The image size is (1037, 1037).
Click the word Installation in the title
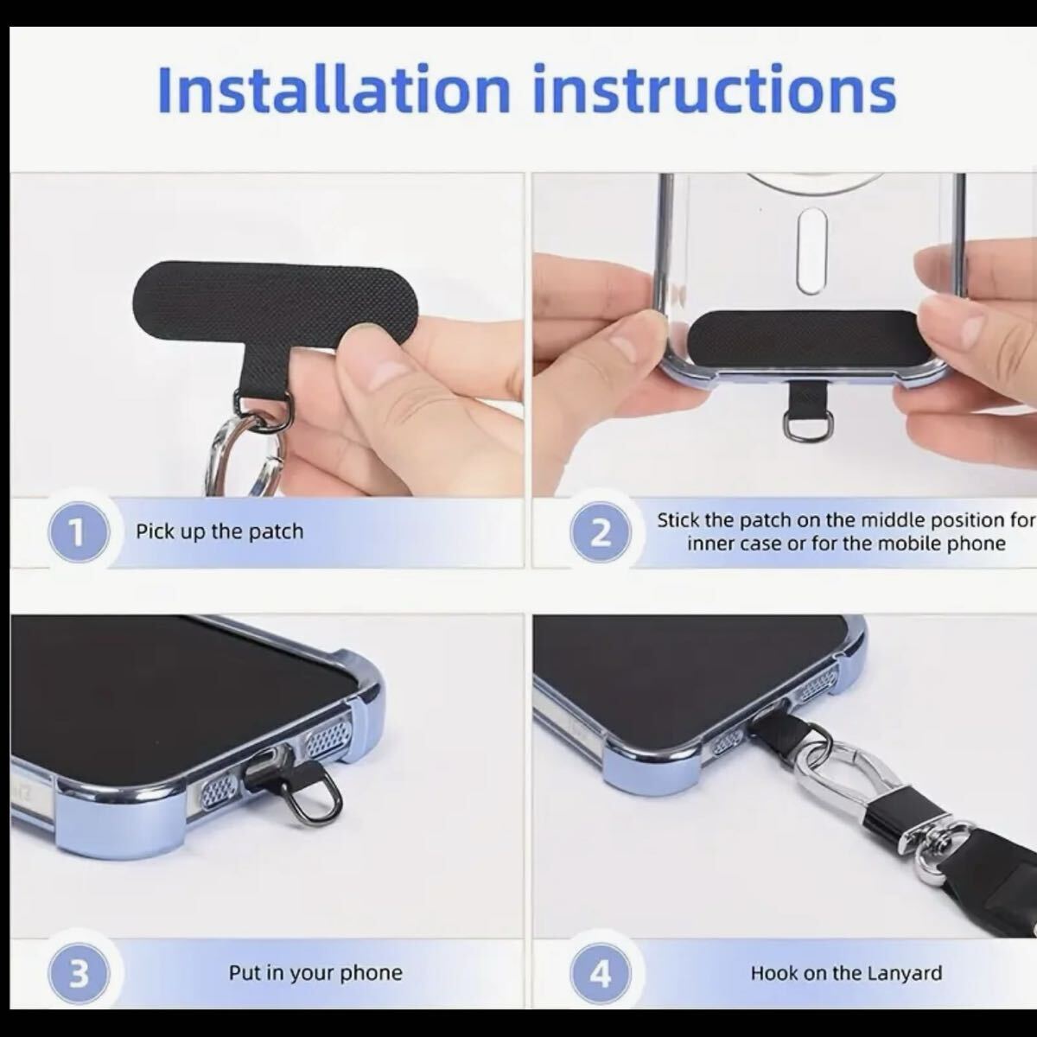333,89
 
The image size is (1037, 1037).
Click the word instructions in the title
714,89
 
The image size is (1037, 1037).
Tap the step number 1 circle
79,532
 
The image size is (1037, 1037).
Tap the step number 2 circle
601,533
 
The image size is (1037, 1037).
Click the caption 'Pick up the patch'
219,531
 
